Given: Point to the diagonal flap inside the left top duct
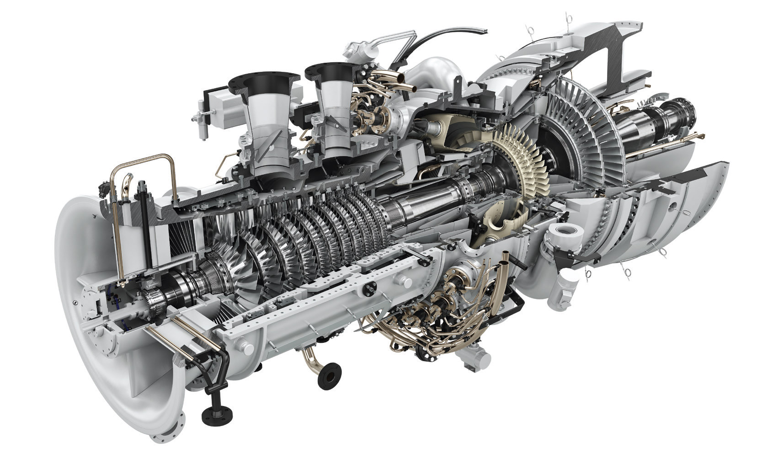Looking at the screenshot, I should (x=273, y=135).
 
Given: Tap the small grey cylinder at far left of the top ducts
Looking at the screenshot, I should (x=201, y=120).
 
